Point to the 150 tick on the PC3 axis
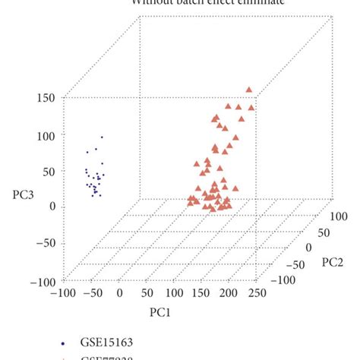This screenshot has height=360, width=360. coord(48,98)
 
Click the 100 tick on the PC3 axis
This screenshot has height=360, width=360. coord(48,136)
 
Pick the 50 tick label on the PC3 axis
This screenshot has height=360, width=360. coord(51,172)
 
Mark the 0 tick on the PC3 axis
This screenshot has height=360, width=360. coord(54,207)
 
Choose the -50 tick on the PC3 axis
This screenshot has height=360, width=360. coord(46,243)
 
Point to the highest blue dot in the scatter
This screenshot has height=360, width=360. coord(102,137)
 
